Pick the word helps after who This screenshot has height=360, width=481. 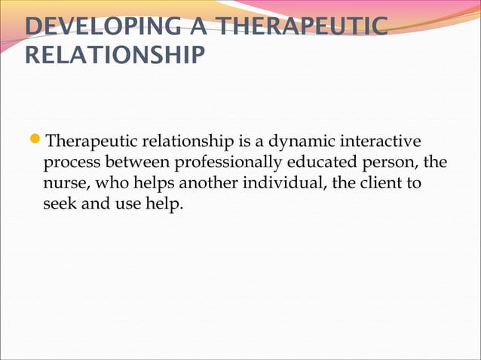[155, 184]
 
